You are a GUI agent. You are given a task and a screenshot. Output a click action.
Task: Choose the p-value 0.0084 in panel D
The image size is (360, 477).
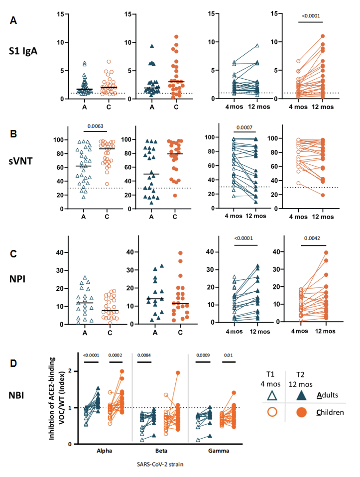click(x=143, y=355)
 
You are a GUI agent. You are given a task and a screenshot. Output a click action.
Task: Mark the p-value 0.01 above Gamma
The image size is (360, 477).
click(x=229, y=355)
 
